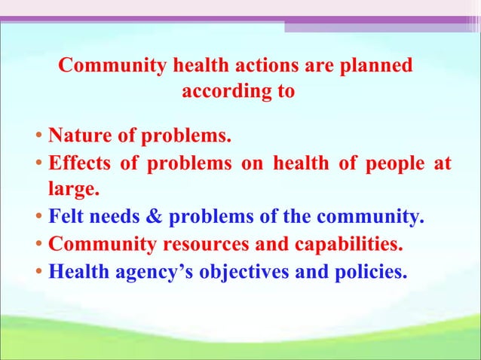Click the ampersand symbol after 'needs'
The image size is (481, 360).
[x=154, y=218]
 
